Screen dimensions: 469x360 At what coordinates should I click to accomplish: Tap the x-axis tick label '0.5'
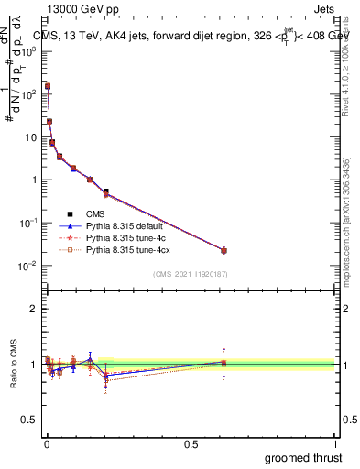(191, 442)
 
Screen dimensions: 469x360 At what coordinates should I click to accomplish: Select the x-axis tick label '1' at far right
(334, 442)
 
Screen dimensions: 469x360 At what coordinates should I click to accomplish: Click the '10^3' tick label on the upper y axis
(29, 51)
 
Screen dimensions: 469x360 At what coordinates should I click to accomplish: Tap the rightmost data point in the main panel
(224, 250)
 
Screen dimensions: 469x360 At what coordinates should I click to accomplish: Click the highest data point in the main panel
(48, 86)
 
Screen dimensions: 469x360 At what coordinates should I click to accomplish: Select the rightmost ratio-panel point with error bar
(224, 363)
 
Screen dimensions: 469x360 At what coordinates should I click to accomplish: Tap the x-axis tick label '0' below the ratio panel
(47, 442)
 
